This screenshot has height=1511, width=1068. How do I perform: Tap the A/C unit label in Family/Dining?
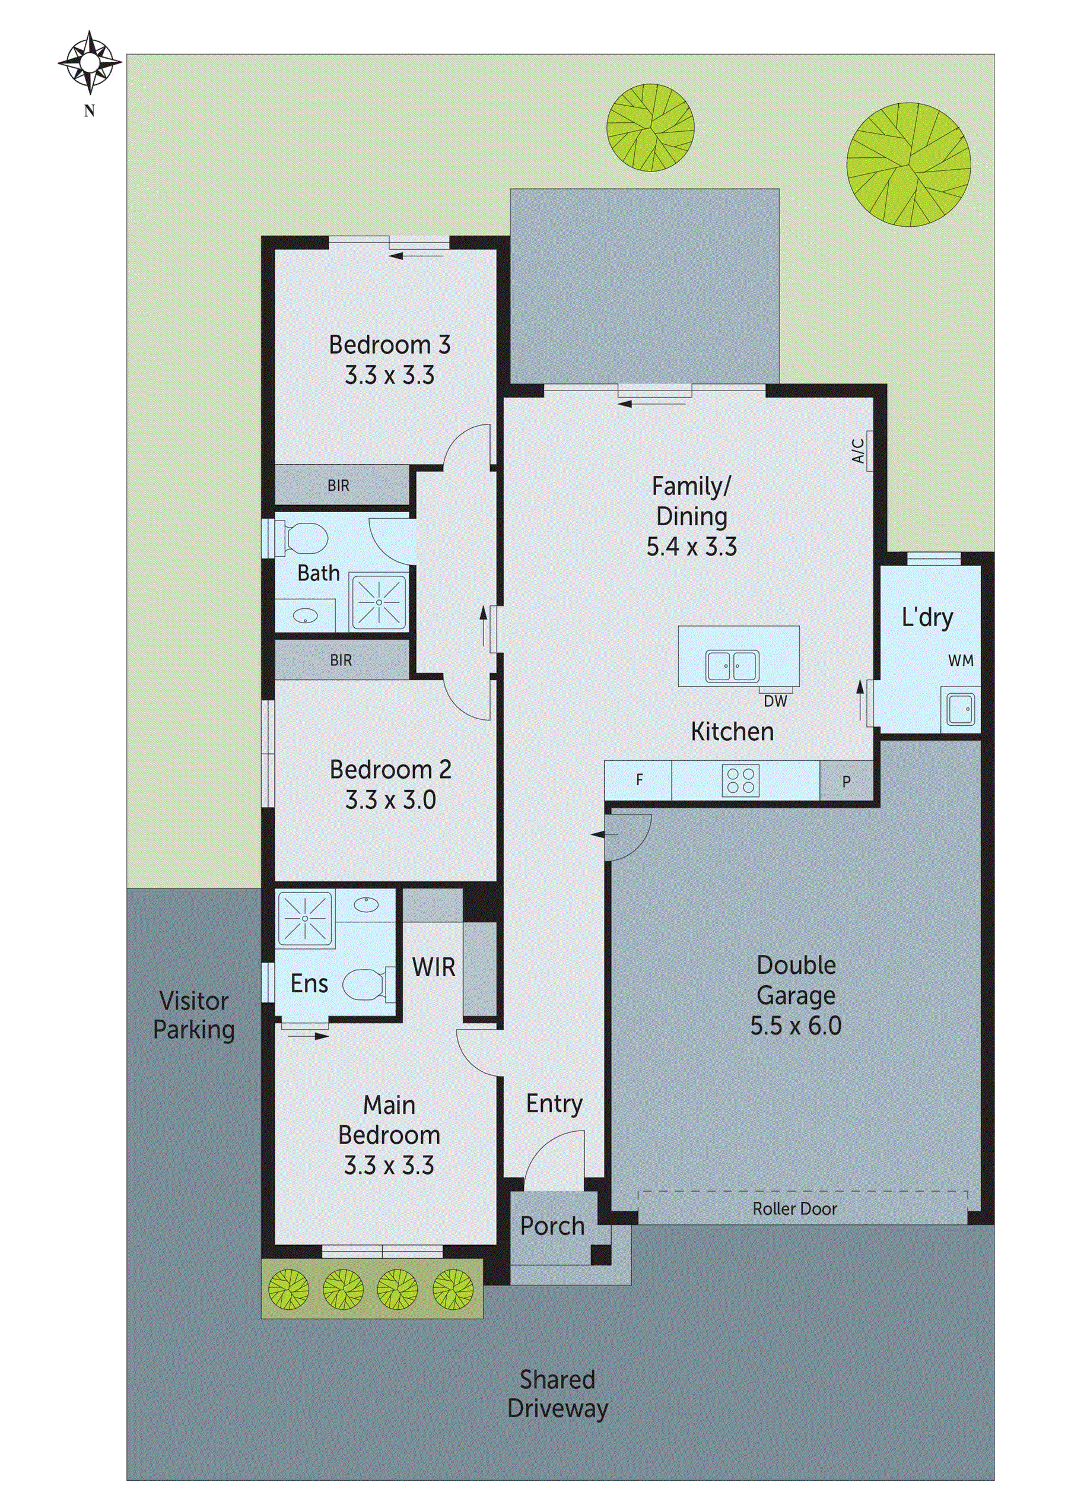click(859, 451)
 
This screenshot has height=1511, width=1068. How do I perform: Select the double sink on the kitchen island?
click(732, 665)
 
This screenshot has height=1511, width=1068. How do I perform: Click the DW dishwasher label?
click(775, 701)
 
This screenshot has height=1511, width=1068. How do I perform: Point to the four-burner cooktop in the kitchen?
click(740, 780)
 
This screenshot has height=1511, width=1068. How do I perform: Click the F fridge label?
click(639, 780)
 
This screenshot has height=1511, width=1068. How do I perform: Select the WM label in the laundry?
click(960, 661)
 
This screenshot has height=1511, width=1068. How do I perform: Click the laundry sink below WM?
click(960, 709)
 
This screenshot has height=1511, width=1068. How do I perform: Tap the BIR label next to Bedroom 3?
click(338, 485)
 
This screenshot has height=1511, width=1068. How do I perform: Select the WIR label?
click(434, 967)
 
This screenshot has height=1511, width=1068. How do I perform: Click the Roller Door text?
click(794, 1209)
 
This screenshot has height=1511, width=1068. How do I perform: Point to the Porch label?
click(552, 1226)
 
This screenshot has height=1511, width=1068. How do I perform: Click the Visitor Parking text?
click(193, 1015)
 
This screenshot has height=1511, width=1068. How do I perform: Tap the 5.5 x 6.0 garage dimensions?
click(796, 1026)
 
